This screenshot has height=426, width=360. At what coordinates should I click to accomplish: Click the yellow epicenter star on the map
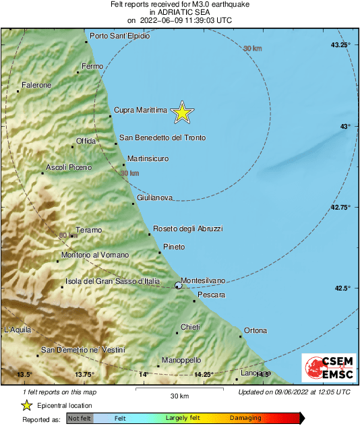pyautogui.click(x=181, y=113)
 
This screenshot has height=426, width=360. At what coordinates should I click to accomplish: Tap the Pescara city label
pyautogui.click(x=211, y=295)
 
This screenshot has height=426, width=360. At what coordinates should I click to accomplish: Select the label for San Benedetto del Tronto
pyautogui.click(x=162, y=138)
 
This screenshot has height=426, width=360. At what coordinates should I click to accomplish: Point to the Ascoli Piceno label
pyautogui.click(x=69, y=167)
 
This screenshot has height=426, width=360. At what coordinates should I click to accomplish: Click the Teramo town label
pyautogui.click(x=88, y=231)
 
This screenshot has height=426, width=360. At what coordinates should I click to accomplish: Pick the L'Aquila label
pyautogui.click(x=18, y=330)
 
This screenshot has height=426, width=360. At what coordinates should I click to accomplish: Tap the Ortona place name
pyautogui.click(x=255, y=330)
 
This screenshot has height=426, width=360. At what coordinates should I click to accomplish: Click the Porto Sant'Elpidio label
pyautogui.click(x=119, y=35)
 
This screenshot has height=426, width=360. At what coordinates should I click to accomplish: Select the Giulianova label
pyautogui.click(x=154, y=197)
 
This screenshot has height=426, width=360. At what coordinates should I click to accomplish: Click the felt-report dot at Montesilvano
pyautogui.click(x=179, y=286)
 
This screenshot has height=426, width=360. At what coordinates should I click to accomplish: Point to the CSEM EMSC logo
pyautogui.click(x=325, y=368)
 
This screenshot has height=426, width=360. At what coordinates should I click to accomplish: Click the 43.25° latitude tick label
pyautogui.click(x=340, y=44)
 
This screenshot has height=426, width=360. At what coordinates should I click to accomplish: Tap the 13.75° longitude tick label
pyautogui.click(x=84, y=375)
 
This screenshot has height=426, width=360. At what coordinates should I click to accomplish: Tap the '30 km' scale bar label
pyautogui.click(x=179, y=396)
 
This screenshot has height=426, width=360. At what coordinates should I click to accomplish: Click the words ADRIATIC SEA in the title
pyautogui.click(x=180, y=12)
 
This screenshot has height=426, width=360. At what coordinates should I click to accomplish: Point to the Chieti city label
pyautogui.click(x=190, y=327)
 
